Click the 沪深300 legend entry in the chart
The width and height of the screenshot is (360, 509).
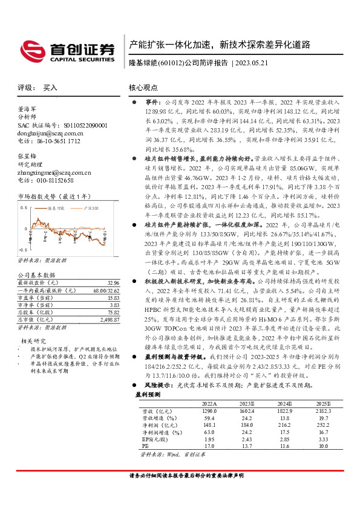pos(91,207)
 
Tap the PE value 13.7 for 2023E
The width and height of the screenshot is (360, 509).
pos(247,446)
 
